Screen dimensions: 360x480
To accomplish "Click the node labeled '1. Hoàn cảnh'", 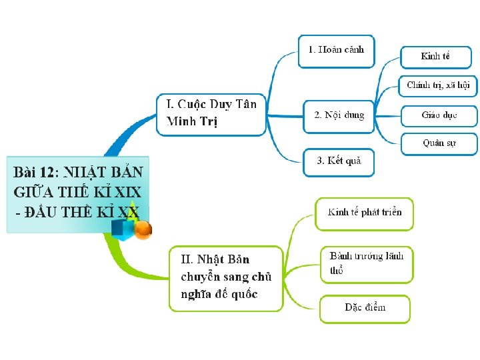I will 336,50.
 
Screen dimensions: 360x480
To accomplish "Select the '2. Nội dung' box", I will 339,115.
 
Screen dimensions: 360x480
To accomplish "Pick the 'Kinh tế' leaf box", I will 435,56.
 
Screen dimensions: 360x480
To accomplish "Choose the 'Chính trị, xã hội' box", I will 438,85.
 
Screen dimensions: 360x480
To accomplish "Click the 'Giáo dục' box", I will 439,115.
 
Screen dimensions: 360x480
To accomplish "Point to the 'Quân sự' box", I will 439,143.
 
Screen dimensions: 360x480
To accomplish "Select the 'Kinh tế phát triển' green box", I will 364,213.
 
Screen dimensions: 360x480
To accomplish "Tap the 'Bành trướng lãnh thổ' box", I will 366,263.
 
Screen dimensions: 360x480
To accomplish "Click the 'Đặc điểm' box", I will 365,307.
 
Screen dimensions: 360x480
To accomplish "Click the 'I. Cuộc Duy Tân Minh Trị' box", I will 211,113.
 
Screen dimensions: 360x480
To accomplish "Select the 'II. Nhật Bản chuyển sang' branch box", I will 225,277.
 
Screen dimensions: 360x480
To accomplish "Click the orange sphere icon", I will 143,230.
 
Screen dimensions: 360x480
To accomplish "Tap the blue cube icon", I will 121,229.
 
